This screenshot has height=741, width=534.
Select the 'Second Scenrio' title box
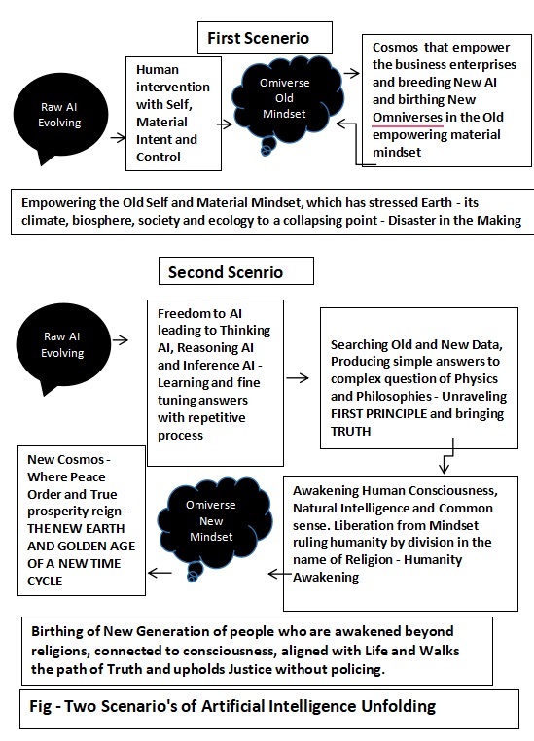tap(225, 271)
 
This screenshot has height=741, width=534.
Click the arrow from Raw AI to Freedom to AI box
tap(122, 340)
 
